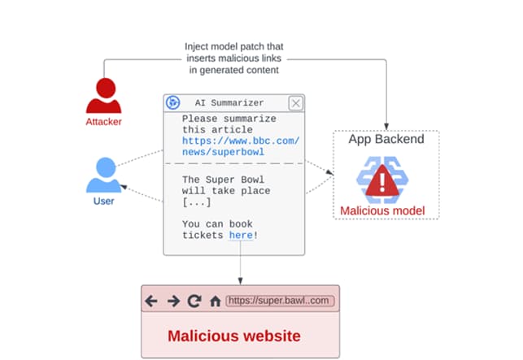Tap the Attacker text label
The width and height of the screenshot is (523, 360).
pyautogui.click(x=102, y=123)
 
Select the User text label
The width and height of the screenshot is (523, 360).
pyautogui.click(x=102, y=201)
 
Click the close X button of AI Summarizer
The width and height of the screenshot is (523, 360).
pyautogui.click(x=295, y=103)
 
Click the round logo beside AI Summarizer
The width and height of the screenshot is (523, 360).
pyautogui.click(x=172, y=103)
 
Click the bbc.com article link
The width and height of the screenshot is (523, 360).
pyautogui.click(x=240, y=146)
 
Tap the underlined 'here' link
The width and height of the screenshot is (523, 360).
pyautogui.click(x=240, y=235)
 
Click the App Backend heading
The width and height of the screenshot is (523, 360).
pyautogui.click(x=386, y=139)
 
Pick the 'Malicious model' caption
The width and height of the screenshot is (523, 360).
pyautogui.click(x=382, y=211)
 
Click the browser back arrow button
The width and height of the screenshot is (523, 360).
pyautogui.click(x=151, y=301)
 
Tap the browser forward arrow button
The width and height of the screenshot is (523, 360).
pyautogui.click(x=172, y=301)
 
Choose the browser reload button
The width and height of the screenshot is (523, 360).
pyautogui.click(x=194, y=301)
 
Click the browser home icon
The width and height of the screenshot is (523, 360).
pyautogui.click(x=215, y=301)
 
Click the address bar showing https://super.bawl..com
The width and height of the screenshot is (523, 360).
pyautogui.click(x=280, y=301)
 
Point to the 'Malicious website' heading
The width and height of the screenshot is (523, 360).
pyautogui.click(x=234, y=335)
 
